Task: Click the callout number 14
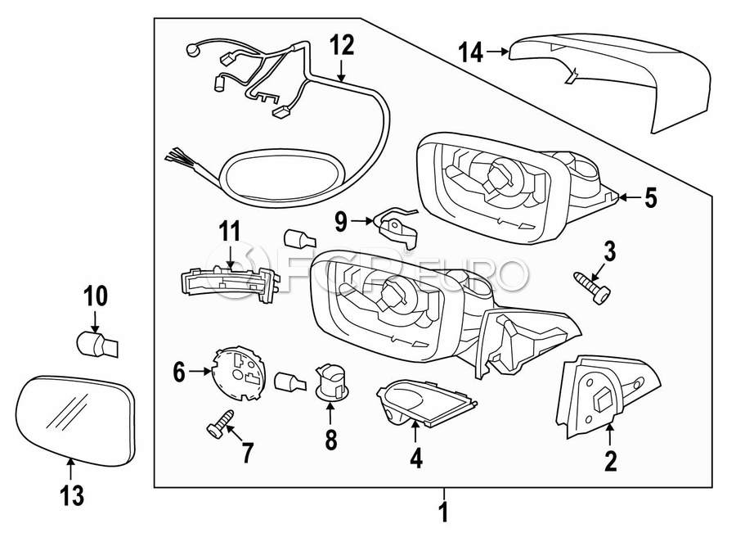[x=470, y=52]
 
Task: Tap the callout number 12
[x=341, y=46]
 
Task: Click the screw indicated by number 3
[x=592, y=287]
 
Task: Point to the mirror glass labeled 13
[x=75, y=421]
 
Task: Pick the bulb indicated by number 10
[x=97, y=346]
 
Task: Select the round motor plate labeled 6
[x=239, y=373]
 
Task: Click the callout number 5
[x=650, y=198]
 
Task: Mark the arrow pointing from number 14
[x=497, y=52]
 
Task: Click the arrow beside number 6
[x=200, y=372]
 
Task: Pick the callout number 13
[x=72, y=495]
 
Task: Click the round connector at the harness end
[x=191, y=49]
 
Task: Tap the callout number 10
[x=96, y=296]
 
